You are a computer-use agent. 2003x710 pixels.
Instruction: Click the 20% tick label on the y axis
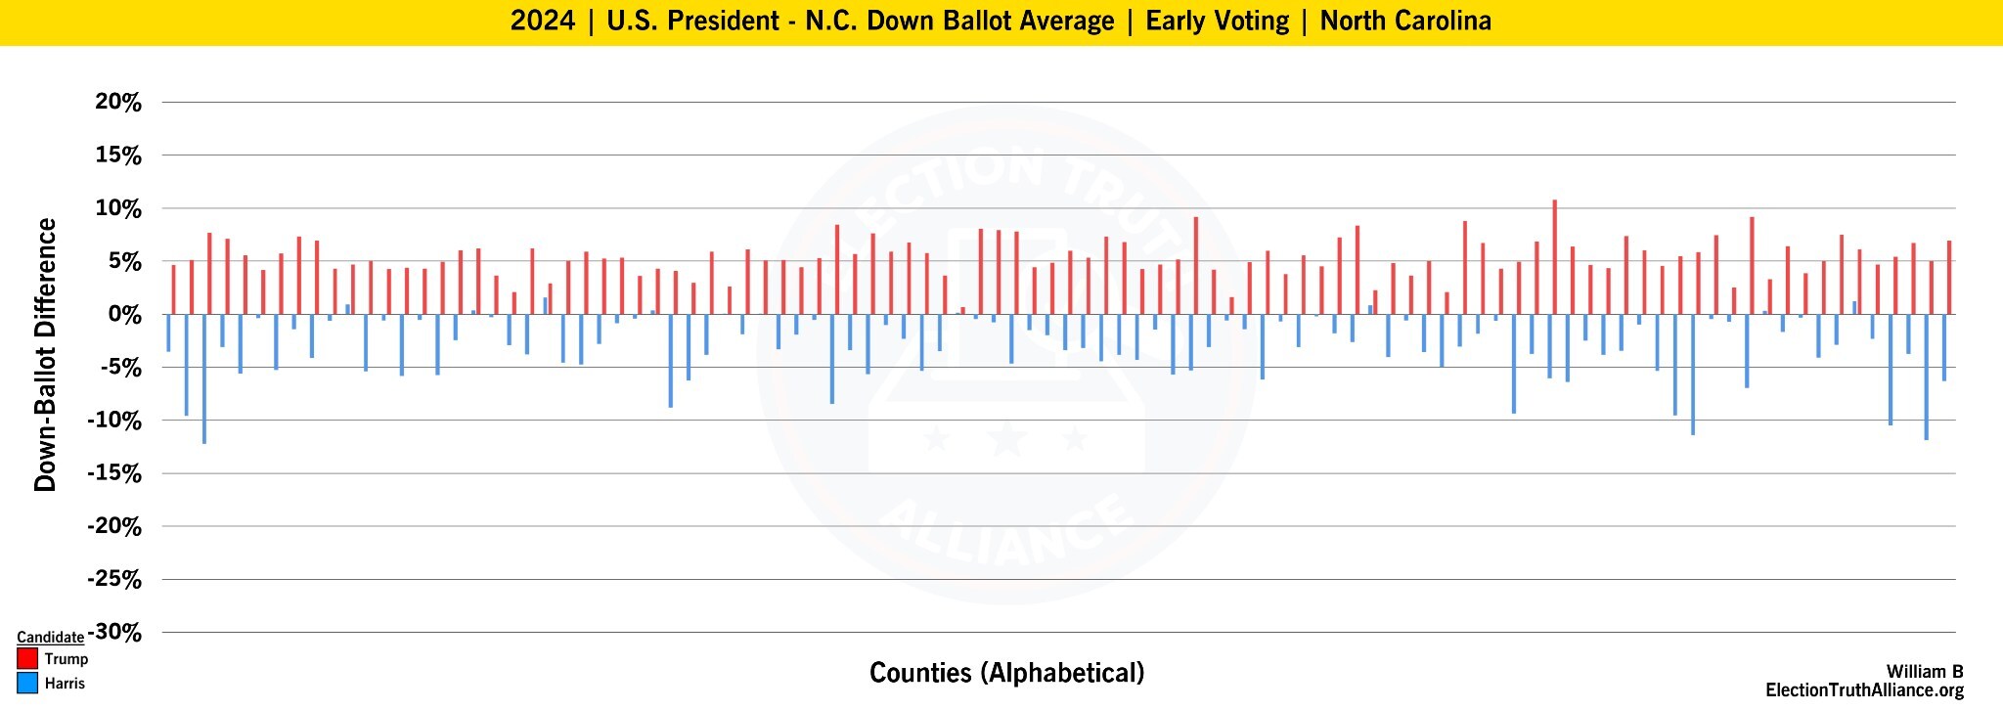click(x=118, y=103)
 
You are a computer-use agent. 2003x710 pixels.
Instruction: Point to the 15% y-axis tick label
click(x=118, y=155)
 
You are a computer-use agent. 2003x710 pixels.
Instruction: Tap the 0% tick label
click(x=125, y=315)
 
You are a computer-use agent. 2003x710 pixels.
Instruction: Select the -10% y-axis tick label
click(x=114, y=421)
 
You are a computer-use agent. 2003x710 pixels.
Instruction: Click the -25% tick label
click(x=114, y=580)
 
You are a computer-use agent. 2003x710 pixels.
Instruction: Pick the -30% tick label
click(x=114, y=633)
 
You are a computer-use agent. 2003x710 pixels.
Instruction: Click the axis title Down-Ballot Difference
click(x=45, y=354)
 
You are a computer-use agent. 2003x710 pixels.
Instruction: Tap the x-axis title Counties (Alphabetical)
click(x=1006, y=673)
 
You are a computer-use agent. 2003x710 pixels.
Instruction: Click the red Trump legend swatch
click(x=27, y=659)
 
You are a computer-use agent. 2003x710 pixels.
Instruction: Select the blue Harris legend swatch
click(x=27, y=684)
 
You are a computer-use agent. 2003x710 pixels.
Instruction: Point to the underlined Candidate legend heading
click(x=50, y=637)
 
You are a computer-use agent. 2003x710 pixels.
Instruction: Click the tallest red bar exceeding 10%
click(x=1554, y=256)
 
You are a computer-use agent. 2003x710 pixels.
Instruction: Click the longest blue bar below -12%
click(x=204, y=379)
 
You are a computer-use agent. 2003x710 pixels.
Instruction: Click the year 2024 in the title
click(x=543, y=22)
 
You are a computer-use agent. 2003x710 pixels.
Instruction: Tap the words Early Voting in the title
click(x=1217, y=22)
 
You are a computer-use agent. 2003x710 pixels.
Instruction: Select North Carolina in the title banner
click(x=1405, y=22)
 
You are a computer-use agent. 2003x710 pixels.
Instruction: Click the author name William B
click(x=1924, y=672)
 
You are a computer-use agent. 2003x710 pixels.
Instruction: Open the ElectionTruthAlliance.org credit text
click(x=1863, y=691)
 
